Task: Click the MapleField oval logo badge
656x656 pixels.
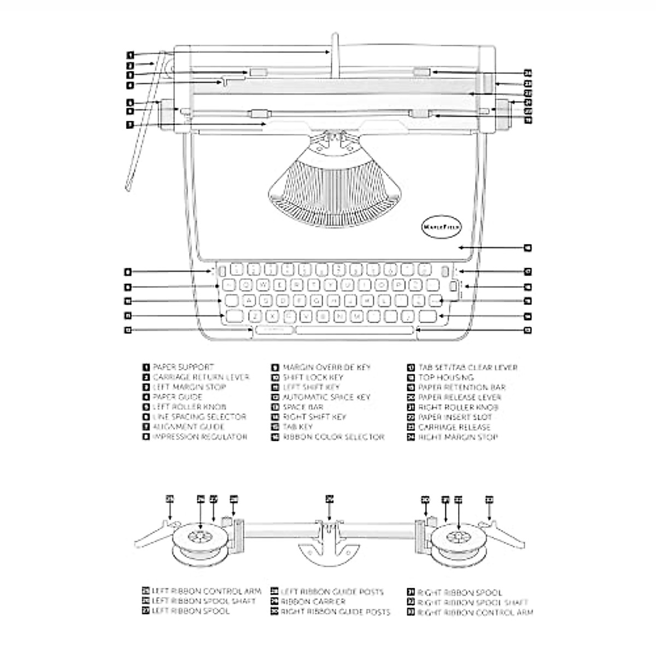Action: click(x=442, y=226)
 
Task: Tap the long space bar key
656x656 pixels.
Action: click(x=354, y=330)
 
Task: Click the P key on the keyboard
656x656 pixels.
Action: click(x=399, y=285)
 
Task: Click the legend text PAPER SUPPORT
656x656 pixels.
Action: click(x=183, y=367)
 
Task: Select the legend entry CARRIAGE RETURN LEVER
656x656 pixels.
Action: click(x=201, y=377)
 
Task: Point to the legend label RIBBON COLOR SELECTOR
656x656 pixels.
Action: click(x=333, y=437)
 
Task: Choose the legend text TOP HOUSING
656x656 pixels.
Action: click(x=446, y=377)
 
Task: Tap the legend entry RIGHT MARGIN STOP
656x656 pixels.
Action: click(x=458, y=437)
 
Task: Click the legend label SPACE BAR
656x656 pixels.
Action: click(x=302, y=407)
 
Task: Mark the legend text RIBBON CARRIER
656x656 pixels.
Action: click(x=313, y=602)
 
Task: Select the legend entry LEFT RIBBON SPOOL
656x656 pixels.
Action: click(x=190, y=611)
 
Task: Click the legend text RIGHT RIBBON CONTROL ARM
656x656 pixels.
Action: click(x=475, y=613)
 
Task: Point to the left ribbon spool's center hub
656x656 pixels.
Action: click(x=199, y=536)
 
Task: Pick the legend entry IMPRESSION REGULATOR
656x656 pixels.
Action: click(x=200, y=437)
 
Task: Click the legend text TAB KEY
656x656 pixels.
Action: click(x=297, y=427)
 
